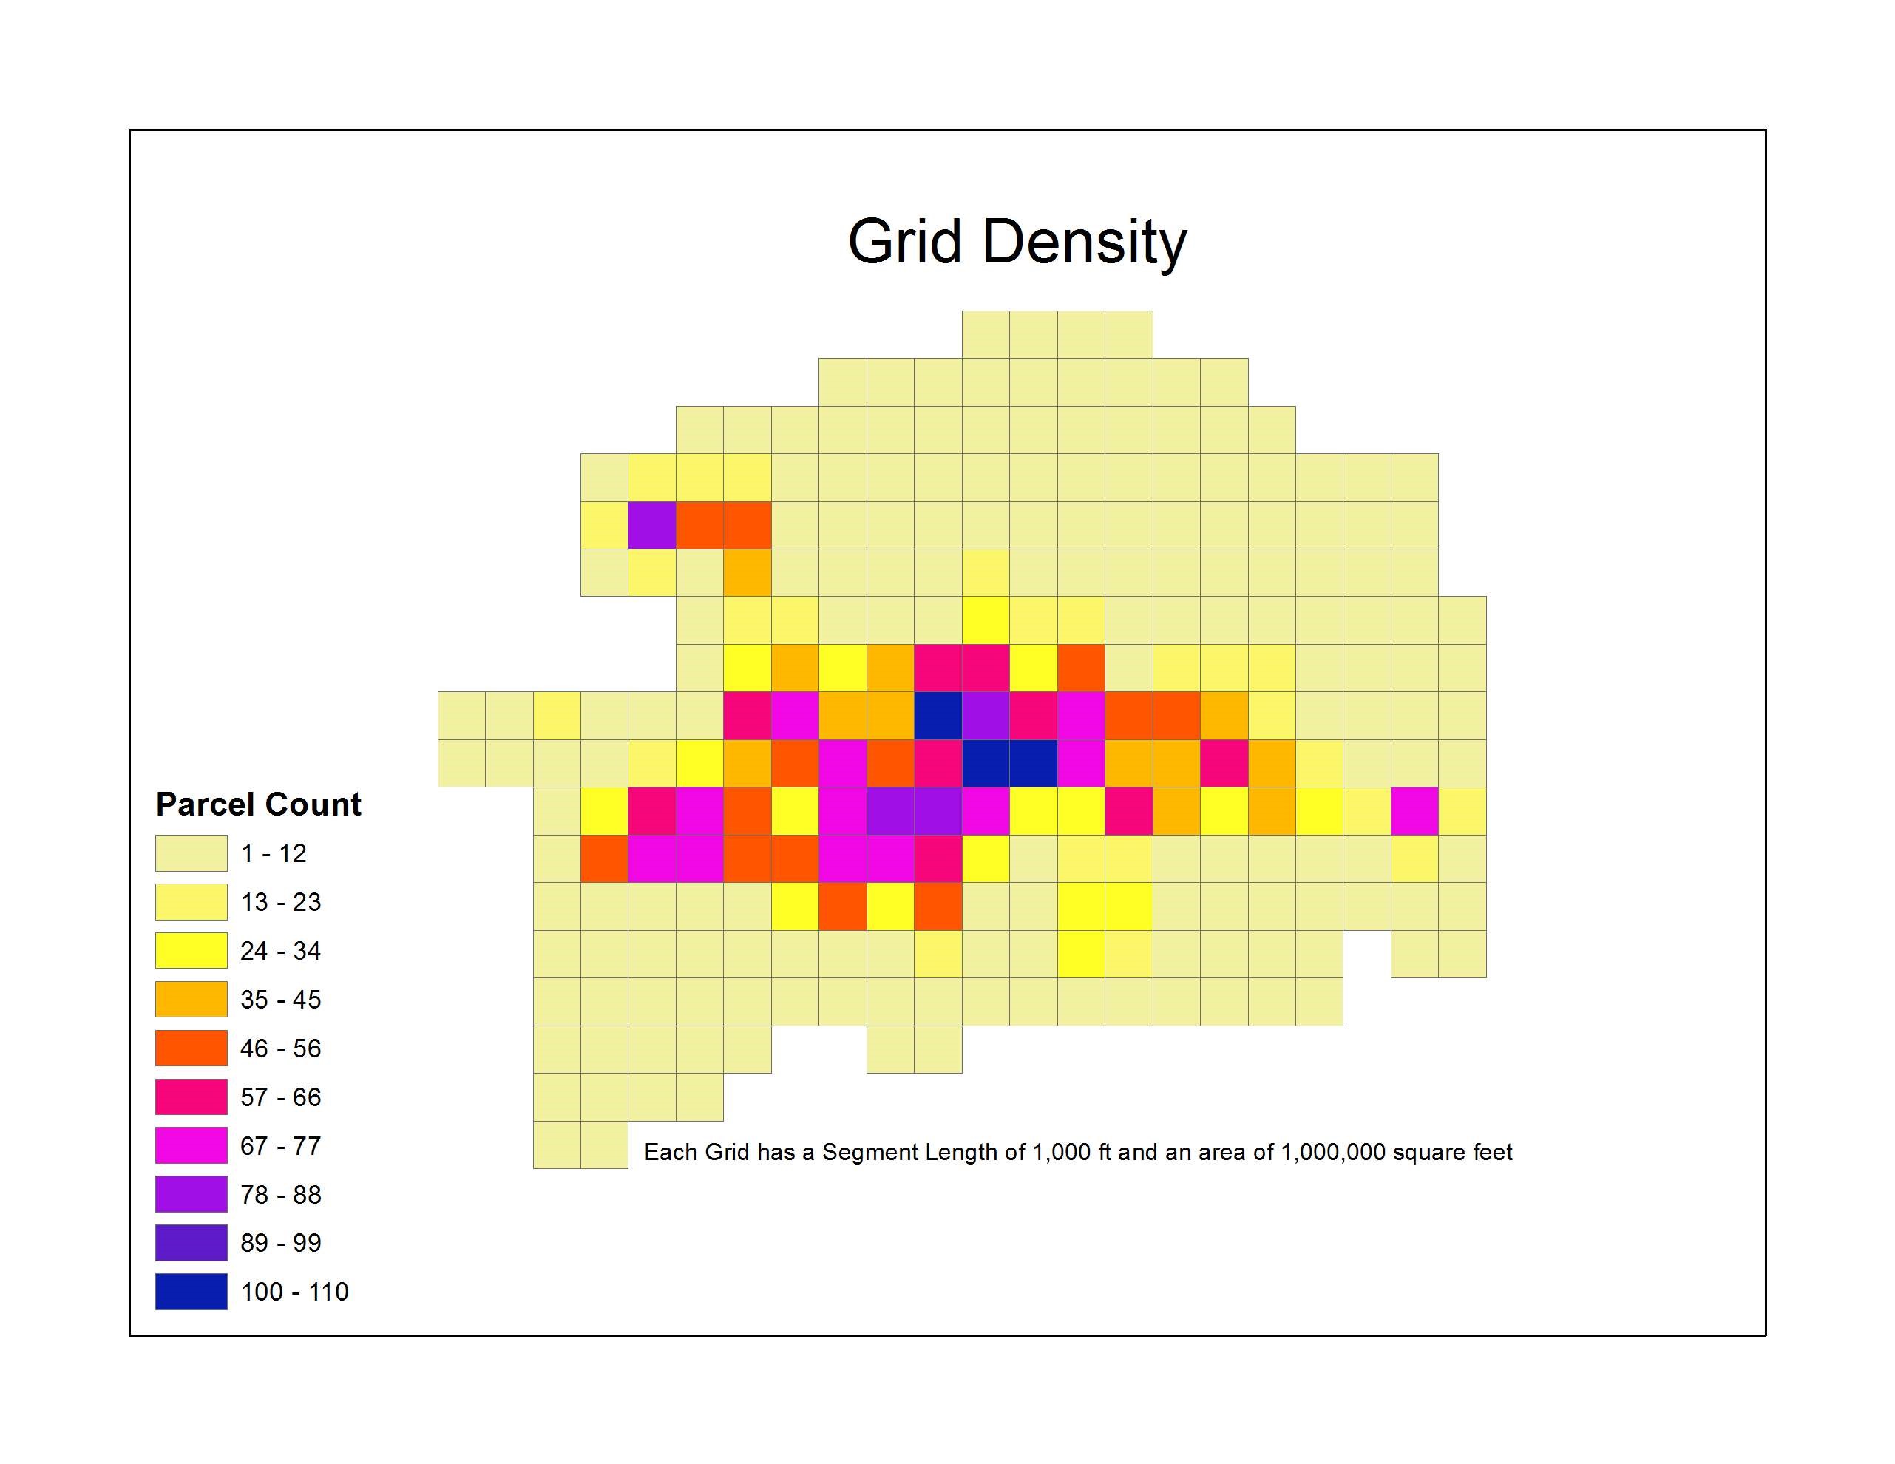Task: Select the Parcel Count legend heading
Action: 258,804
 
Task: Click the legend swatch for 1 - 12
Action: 191,853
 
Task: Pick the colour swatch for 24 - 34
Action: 191,950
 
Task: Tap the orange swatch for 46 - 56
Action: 191,1048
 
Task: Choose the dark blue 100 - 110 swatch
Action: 191,1291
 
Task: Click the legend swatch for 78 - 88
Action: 191,1194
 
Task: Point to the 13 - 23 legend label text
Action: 280,903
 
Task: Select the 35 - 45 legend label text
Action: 280,1000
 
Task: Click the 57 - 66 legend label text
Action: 280,1097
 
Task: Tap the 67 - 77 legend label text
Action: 280,1145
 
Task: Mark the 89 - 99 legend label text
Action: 280,1243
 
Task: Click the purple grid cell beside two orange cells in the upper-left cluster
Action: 651,525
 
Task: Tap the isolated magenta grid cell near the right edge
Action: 1414,810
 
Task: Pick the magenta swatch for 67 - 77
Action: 191,1145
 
